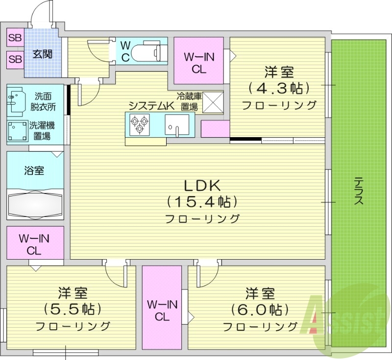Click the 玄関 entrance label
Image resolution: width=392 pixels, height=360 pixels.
43,54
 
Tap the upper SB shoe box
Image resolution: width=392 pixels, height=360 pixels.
15,37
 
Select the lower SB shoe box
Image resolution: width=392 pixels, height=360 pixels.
15,59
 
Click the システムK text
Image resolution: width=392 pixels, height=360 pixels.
151,105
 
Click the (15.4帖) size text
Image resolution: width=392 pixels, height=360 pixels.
202,201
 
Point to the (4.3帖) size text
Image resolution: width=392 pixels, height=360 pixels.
279,89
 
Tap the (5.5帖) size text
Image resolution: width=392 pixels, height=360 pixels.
73,309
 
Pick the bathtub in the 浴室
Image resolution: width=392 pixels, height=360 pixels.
35,203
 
